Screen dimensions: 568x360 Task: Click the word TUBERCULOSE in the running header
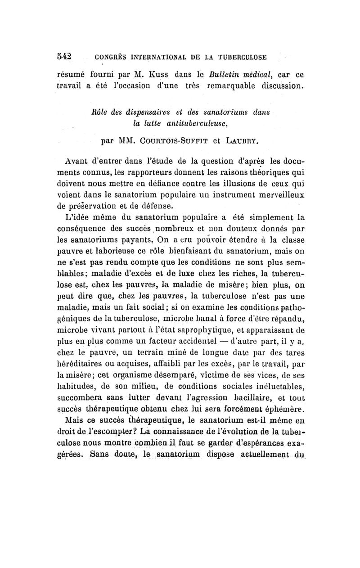242,57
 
